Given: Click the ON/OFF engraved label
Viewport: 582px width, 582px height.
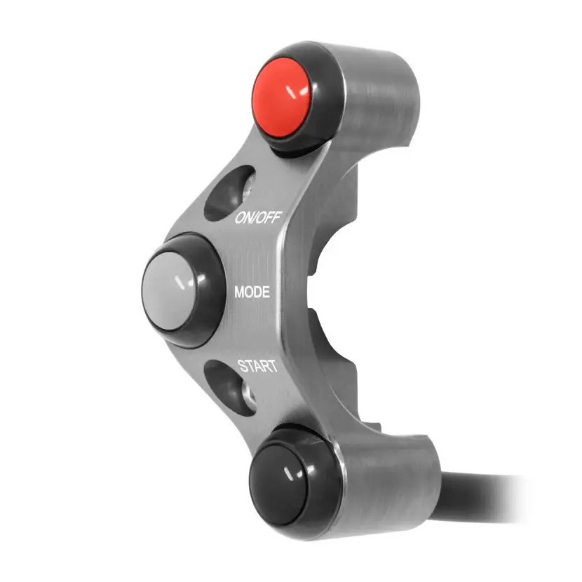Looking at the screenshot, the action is tap(259, 218).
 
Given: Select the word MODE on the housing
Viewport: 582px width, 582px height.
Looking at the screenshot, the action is tap(252, 292).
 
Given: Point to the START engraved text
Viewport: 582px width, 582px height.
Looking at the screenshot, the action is tap(258, 366).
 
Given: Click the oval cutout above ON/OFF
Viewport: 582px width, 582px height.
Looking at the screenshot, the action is tap(230, 193).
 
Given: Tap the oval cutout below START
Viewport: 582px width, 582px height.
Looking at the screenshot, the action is tap(230, 388).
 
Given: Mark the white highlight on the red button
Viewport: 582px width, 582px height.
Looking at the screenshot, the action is tap(297, 91).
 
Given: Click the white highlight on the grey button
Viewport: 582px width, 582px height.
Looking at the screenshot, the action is tap(185, 283).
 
